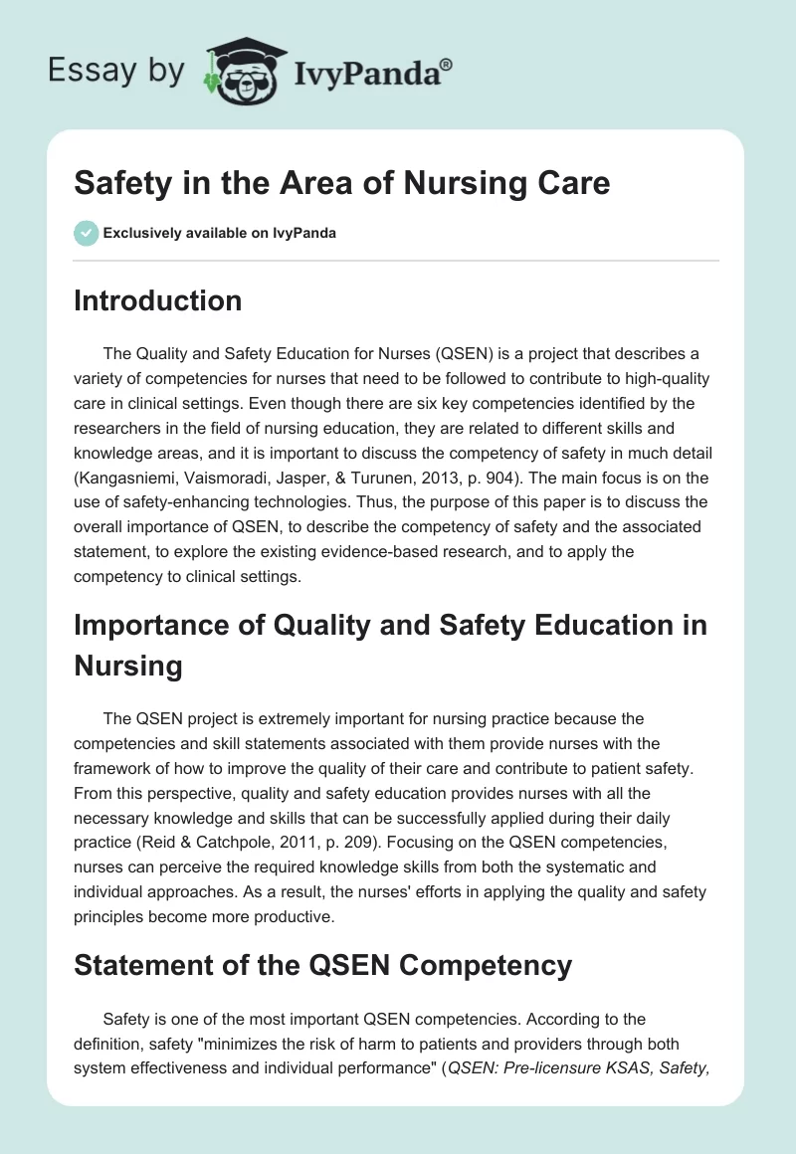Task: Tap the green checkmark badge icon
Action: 86,233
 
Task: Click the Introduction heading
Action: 157,300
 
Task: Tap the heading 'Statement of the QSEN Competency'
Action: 322,964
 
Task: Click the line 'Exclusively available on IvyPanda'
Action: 219,233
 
